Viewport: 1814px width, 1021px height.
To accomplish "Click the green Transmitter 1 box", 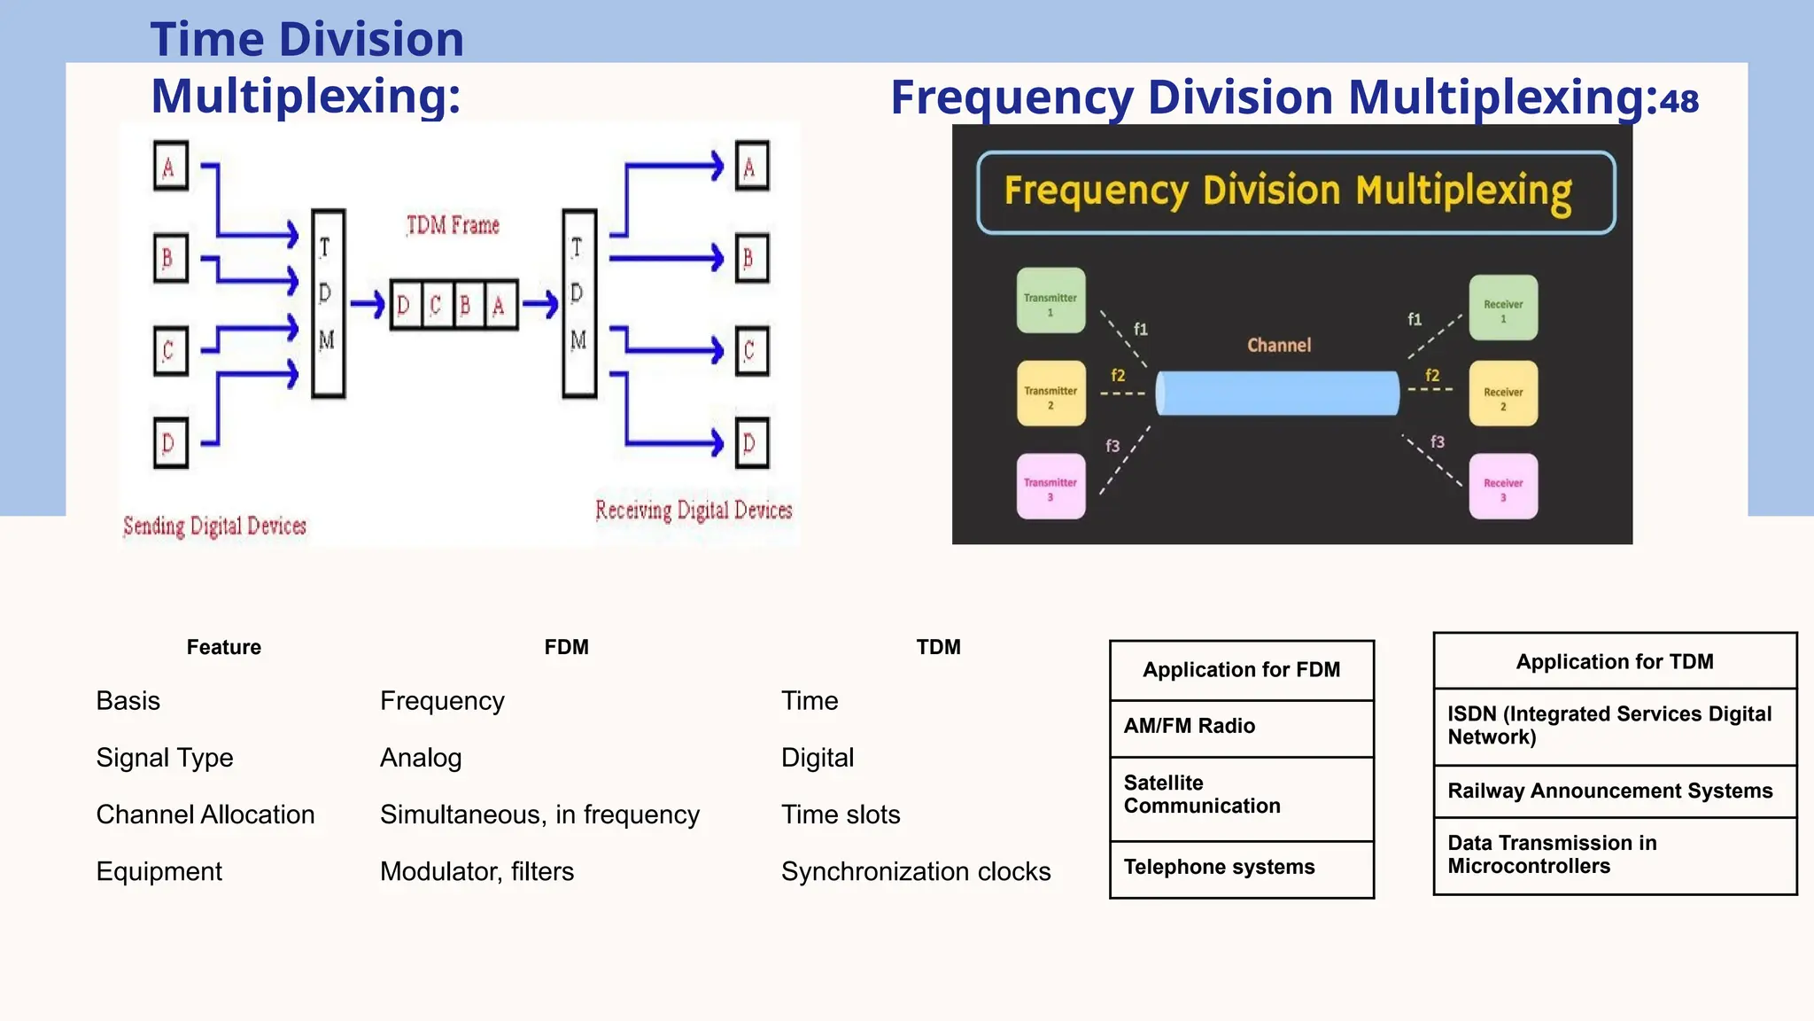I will [1050, 300].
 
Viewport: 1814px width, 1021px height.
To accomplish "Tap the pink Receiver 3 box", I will [1503, 487].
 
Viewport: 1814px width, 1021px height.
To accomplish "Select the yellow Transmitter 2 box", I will [1050, 394].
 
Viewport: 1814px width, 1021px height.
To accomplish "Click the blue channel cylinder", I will [1277, 394].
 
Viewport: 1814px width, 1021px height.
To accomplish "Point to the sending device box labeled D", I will [170, 442].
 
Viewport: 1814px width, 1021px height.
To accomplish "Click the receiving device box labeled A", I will [751, 166].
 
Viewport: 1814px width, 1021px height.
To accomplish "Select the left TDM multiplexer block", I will [328, 304].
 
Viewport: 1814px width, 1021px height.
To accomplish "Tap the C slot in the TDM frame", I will [436, 306].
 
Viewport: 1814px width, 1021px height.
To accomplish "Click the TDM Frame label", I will [453, 225].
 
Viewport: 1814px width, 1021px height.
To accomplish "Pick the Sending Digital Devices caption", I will [214, 526].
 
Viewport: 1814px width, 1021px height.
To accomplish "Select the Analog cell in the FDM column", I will [421, 758].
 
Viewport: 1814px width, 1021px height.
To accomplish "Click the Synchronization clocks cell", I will [916, 871].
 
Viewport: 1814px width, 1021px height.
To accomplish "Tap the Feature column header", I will [223, 647].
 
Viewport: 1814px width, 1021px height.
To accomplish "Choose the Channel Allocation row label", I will [205, 814].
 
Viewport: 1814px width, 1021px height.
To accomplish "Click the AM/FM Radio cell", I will [1189, 726].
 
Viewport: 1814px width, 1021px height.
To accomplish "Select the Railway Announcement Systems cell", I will [1609, 791].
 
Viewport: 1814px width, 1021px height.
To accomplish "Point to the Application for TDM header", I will [1614, 661].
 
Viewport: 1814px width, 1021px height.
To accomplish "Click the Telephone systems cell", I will [1219, 867].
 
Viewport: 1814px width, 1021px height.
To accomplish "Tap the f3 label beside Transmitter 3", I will [1112, 446].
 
